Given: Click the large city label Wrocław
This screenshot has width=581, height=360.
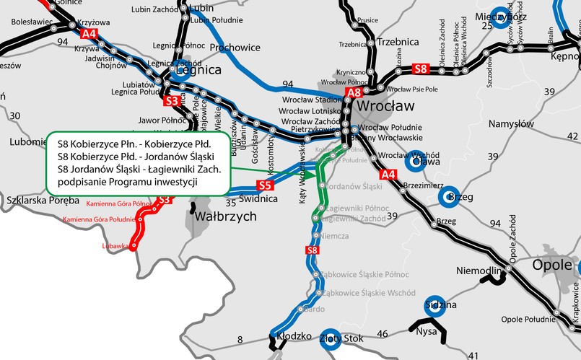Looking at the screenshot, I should click(x=386, y=105).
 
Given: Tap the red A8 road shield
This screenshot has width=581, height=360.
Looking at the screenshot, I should click(x=353, y=92).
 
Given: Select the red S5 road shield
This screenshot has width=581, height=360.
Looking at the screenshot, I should click(x=265, y=185).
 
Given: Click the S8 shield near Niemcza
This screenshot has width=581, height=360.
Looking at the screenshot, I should click(x=312, y=250).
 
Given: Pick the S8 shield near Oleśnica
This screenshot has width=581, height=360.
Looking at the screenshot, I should click(x=421, y=69).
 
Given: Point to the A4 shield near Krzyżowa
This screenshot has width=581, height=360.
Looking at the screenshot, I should click(x=89, y=34).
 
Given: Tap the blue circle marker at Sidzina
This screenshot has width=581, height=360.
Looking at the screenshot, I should click(x=434, y=304).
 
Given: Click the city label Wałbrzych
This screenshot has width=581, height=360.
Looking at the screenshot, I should click(x=226, y=216).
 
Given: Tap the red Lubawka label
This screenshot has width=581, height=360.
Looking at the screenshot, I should click(x=119, y=245).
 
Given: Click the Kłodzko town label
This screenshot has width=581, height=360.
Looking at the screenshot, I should click(x=294, y=336).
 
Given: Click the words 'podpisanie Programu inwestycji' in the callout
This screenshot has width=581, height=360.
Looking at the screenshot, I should click(x=127, y=182).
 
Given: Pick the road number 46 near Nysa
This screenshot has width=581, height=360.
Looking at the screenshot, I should click(x=383, y=333).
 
